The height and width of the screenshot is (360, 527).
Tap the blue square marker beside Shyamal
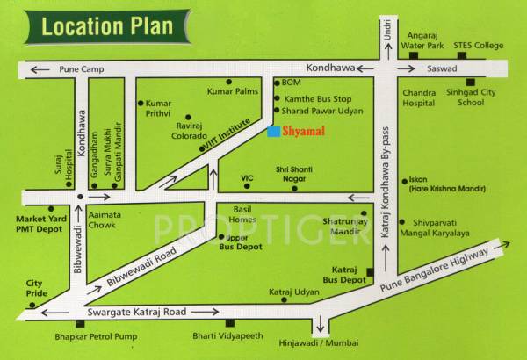[273, 131]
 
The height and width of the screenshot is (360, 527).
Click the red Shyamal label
[301, 131]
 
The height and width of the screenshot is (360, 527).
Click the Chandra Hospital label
[418, 97]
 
